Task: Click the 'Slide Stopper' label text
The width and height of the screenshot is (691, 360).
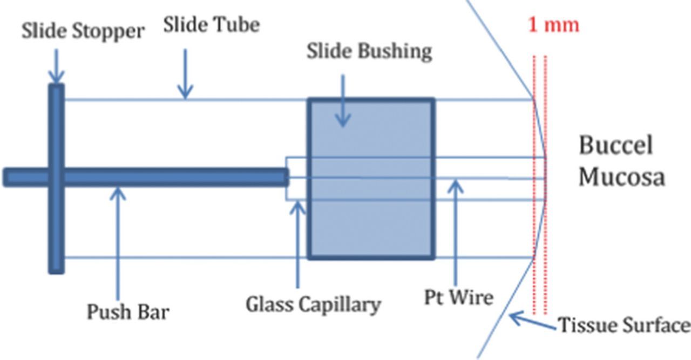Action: click(x=83, y=31)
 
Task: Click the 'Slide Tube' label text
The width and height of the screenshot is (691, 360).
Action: click(x=211, y=25)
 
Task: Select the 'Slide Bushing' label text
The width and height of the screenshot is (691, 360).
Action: click(x=369, y=51)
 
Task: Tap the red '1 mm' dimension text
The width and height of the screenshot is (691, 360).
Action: click(x=553, y=25)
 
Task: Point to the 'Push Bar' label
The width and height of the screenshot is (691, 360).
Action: click(x=128, y=311)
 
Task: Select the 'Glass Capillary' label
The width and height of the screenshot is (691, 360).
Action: click(x=313, y=304)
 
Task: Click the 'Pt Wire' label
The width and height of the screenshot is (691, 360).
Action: click(x=459, y=297)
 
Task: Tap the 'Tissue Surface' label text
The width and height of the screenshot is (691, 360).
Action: click(x=623, y=325)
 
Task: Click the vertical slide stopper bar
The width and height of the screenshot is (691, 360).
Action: click(x=56, y=227)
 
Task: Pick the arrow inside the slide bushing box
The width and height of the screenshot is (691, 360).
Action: click(x=343, y=103)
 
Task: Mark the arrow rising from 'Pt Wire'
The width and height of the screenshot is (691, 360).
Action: click(x=456, y=232)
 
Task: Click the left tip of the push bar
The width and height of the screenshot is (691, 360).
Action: click(x=6, y=178)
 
